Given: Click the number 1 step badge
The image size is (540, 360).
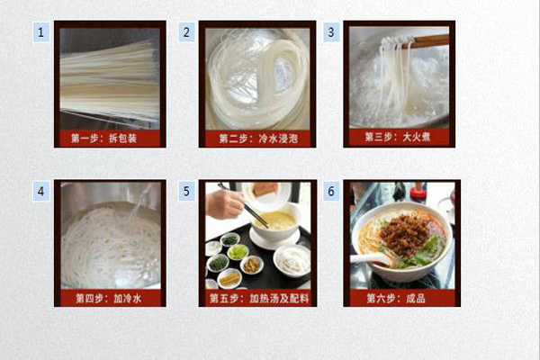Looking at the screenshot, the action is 41,32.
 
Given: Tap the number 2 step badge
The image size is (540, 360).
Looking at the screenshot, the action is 186,32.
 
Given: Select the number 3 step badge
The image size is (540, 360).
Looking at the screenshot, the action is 331,32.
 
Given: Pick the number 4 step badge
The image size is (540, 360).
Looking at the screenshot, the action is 41,191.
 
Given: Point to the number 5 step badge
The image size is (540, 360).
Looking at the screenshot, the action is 186,191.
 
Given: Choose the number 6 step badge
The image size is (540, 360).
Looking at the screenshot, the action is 331,191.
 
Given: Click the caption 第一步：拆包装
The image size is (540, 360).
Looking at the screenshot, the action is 104,138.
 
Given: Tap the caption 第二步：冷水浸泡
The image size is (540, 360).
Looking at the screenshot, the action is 258,139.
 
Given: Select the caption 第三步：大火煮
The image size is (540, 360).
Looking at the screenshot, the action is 398,137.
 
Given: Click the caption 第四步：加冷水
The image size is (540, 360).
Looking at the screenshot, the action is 109,298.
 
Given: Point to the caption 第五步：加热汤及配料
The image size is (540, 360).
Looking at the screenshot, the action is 259,298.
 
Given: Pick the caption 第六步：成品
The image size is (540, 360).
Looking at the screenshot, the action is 396,298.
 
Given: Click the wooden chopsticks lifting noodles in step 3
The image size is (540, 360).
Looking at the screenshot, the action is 426,41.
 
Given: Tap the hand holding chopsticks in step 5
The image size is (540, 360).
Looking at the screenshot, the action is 225,204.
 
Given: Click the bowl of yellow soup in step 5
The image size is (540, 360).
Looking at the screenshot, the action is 275,222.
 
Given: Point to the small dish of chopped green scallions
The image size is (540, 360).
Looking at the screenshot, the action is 238,252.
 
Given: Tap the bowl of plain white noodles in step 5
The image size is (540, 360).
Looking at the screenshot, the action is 292,261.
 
